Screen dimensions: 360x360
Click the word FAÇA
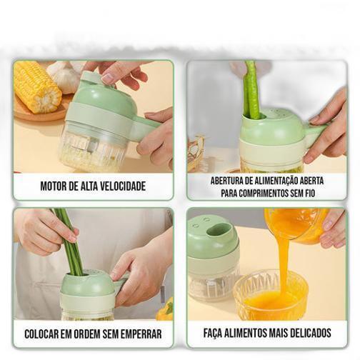213,333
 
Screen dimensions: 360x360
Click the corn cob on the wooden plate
37,87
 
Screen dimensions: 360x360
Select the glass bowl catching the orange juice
271,295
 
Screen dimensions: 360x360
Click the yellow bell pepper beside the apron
165,309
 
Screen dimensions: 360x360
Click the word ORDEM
86,334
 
